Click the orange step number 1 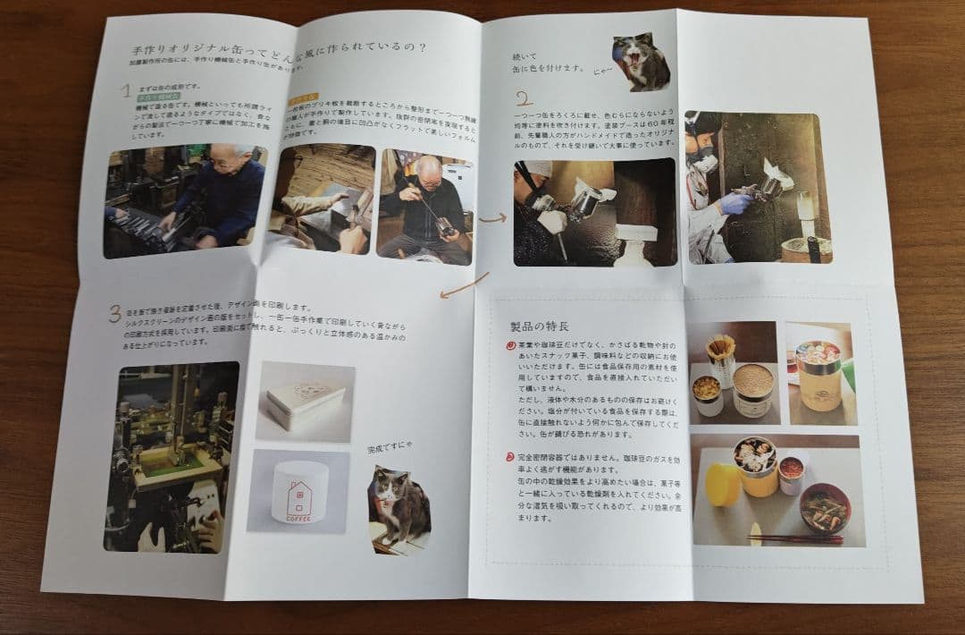[x=127, y=90]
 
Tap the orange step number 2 [x=524, y=97]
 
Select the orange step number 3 [x=115, y=313]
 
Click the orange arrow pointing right [x=492, y=216]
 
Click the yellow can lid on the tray [x=722, y=484]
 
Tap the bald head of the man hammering [x=426, y=166]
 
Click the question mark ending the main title [x=421, y=47]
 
